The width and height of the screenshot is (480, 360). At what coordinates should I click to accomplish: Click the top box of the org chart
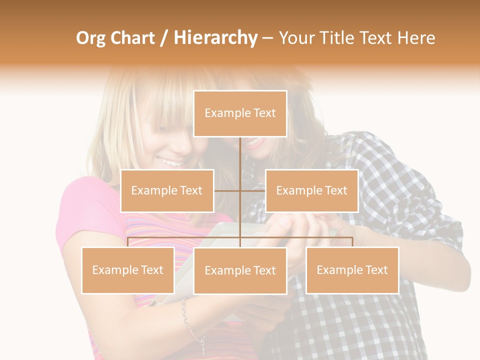[x=240, y=113]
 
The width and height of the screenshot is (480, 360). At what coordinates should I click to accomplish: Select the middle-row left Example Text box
[x=167, y=190]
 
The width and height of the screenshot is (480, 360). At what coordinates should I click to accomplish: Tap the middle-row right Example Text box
[x=311, y=190]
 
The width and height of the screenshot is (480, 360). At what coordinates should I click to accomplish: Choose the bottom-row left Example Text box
[x=128, y=270]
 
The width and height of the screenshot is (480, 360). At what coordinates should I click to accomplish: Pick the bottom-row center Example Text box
[x=240, y=270]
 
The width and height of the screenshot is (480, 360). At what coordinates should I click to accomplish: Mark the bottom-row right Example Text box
[x=352, y=270]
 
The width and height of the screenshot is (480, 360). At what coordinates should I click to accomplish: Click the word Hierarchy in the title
[x=215, y=38]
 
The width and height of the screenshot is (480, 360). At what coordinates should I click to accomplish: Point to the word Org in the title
[x=90, y=38]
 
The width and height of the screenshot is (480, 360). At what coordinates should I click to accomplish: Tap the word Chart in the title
[x=132, y=38]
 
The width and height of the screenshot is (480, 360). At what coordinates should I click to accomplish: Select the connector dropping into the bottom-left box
[x=128, y=242]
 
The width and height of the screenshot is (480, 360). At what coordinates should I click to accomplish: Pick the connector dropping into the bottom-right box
[x=352, y=242]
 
